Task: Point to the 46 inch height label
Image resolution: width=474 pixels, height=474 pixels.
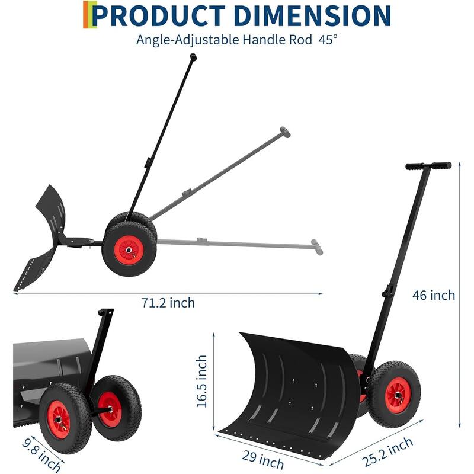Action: pyautogui.click(x=434, y=294)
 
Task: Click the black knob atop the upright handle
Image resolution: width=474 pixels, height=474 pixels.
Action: pyautogui.click(x=193, y=56)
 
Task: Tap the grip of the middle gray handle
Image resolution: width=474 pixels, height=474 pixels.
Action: pyautogui.click(x=285, y=132)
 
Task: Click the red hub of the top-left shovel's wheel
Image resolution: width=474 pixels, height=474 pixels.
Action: pyautogui.click(x=127, y=251)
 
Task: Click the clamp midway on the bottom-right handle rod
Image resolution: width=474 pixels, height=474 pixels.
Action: pyautogui.click(x=387, y=291)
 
